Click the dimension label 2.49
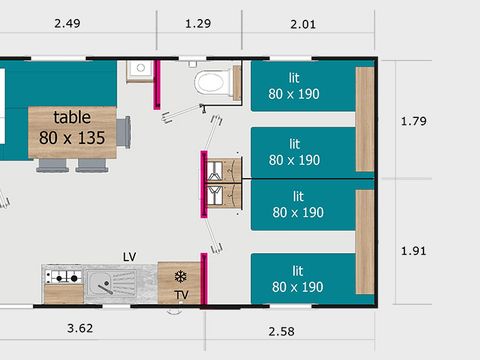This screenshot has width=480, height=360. pyautogui.click(x=68, y=23)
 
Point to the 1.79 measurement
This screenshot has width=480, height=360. pyautogui.click(x=413, y=121)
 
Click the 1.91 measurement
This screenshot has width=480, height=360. pyautogui.click(x=413, y=250)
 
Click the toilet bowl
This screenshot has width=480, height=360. pyautogui.click(x=212, y=81)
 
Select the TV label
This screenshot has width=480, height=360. pyautogui.click(x=181, y=295)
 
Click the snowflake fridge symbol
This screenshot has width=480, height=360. pyautogui.click(x=180, y=277)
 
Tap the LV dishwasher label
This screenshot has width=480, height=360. pyautogui.click(x=129, y=257)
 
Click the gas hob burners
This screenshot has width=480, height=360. pyautogui.click(x=62, y=277)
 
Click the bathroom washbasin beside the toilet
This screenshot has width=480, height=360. pyautogui.click(x=139, y=70)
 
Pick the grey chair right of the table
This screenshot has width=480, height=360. pyautogui.click(x=123, y=131)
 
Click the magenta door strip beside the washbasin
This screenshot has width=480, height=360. pyautogui.click(x=157, y=84)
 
